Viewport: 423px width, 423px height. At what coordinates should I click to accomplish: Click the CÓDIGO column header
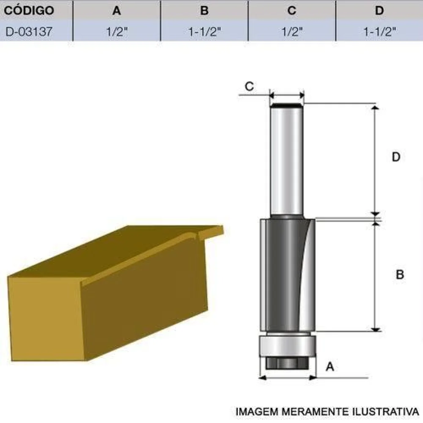[x=29, y=11]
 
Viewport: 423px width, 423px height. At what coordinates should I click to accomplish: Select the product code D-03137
[x=29, y=32]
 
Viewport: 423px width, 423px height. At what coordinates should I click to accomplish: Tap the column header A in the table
[x=117, y=11]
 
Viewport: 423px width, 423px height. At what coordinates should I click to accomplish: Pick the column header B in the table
[x=204, y=11]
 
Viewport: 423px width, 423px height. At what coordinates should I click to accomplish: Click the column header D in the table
[x=379, y=11]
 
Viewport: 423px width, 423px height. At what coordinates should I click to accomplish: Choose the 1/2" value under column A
[x=117, y=32]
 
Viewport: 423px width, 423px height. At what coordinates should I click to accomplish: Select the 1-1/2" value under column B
[x=204, y=32]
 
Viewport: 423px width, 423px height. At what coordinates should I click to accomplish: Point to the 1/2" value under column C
[x=292, y=32]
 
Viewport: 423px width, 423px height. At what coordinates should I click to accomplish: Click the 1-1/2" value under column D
[x=379, y=32]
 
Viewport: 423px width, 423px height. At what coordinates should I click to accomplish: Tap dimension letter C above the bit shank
[x=250, y=86]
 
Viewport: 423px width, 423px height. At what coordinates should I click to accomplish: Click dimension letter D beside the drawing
[x=396, y=157]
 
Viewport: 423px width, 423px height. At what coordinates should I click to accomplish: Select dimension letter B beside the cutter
[x=400, y=275]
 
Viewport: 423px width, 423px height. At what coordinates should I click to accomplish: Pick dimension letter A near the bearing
[x=330, y=367]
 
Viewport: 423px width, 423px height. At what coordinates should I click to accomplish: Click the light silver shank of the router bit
[x=286, y=161]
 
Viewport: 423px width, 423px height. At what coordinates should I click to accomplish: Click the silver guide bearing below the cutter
[x=287, y=345]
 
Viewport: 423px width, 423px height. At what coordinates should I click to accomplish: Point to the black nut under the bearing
[x=287, y=362]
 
